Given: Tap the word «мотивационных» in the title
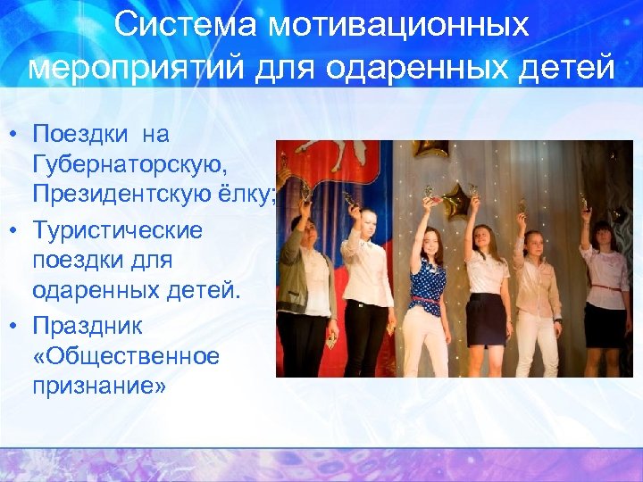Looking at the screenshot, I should [399, 25].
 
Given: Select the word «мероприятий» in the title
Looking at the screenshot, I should [135, 67].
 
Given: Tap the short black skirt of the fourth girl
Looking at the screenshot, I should [486, 319].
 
